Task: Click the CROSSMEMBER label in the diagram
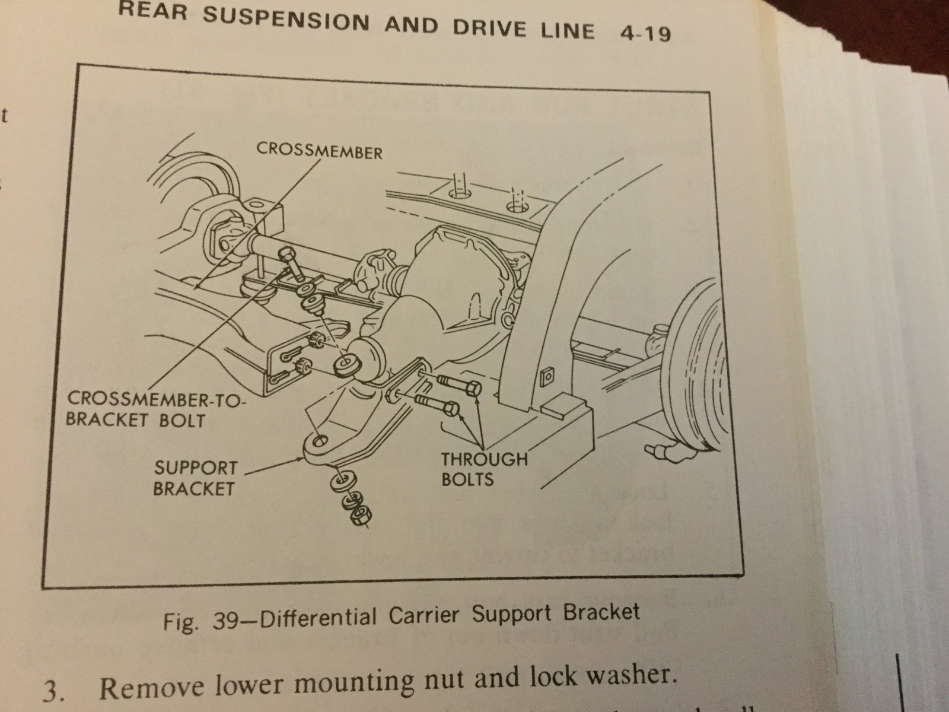click(x=319, y=151)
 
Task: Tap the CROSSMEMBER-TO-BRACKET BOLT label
click(x=155, y=411)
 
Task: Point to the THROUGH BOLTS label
click(x=483, y=468)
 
